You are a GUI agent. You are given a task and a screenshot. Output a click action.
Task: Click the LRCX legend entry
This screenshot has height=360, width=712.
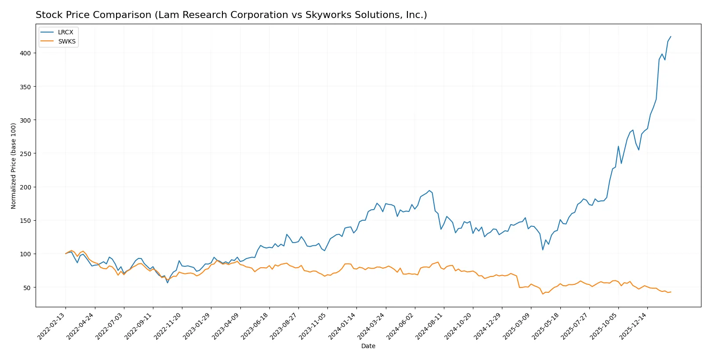pyautogui.click(x=65, y=32)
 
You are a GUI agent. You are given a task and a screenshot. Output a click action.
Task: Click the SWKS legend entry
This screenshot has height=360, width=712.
pyautogui.click(x=66, y=41)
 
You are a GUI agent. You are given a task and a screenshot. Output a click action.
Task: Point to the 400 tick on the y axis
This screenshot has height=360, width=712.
pyautogui.click(x=25, y=53)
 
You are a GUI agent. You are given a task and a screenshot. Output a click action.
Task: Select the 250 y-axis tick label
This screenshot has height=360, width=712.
pyautogui.click(x=25, y=153)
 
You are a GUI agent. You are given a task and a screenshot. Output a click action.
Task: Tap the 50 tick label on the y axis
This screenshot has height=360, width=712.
pyautogui.click(x=27, y=287)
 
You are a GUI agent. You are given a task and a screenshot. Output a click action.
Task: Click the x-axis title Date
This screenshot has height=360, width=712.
pyautogui.click(x=368, y=346)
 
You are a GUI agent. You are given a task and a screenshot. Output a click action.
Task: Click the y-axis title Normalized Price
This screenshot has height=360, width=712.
pyautogui.click(x=14, y=166)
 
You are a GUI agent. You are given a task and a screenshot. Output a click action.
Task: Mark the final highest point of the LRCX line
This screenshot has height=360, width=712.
pyautogui.click(x=671, y=36)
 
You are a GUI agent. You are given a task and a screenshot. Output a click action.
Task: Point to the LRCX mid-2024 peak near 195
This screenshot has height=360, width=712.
pyautogui.click(x=429, y=190)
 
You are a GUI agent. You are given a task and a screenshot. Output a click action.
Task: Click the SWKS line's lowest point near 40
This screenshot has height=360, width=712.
pyautogui.click(x=543, y=294)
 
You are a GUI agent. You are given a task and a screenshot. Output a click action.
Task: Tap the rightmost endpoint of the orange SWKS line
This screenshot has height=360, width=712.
pyautogui.click(x=671, y=292)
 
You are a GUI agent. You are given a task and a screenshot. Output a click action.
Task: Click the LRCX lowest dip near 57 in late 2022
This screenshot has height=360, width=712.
pyautogui.click(x=167, y=283)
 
